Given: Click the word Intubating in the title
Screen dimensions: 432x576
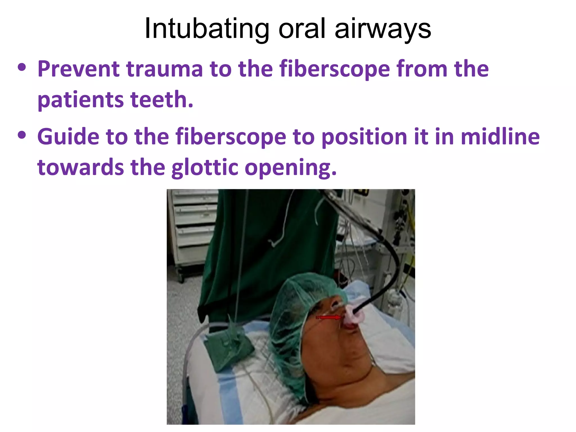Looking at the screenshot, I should point(207,29).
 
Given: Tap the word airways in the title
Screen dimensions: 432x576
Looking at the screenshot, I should point(383,29).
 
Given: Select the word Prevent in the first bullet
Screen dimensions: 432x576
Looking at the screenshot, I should point(78,69).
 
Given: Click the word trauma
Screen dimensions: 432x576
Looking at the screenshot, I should point(164,69).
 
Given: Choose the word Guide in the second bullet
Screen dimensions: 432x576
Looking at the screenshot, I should point(68,137).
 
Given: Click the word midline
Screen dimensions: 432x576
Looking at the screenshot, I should point(500,137).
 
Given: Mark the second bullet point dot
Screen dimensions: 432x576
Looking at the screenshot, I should point(22,136).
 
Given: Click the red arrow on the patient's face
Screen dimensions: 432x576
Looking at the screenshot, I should point(329,318).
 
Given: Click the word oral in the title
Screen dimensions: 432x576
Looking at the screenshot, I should point(303,29).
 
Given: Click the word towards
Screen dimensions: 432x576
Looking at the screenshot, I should point(80,168).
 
